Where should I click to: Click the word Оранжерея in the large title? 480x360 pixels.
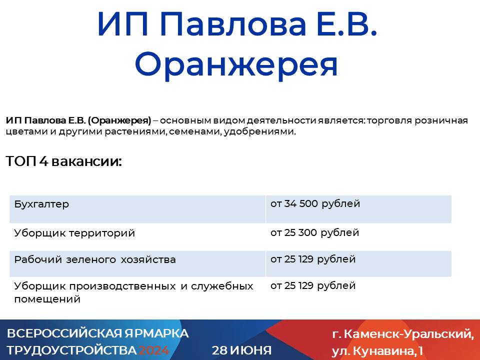click(x=236, y=65)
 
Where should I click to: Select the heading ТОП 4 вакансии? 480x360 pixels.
click(x=63, y=161)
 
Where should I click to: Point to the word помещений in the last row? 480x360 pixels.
click(x=47, y=299)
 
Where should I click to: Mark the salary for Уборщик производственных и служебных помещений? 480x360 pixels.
click(x=313, y=285)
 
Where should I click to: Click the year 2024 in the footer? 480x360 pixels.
click(x=154, y=350)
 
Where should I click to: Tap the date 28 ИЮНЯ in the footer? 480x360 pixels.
click(x=242, y=350)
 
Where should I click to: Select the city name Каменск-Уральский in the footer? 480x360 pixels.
click(x=409, y=334)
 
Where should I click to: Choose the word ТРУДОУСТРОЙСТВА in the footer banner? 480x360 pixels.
click(x=72, y=350)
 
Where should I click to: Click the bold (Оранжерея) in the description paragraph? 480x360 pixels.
click(x=119, y=120)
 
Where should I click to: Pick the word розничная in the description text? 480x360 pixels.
click(x=441, y=120)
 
